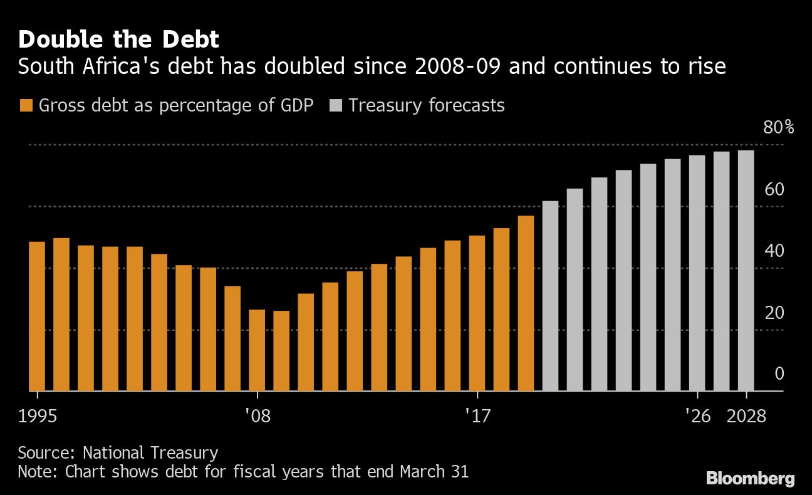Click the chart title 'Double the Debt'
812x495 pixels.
pos(118,40)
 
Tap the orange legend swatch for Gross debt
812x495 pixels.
pos(26,105)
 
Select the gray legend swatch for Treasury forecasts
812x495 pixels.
pos(335,105)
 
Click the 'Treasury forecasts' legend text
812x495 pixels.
pos(426,105)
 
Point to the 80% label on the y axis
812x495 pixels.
pos(778,128)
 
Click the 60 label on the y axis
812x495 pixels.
pos(774,189)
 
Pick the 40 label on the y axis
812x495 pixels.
pos(774,251)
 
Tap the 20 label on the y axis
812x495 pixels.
pos(774,312)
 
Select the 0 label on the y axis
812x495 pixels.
pos(779,373)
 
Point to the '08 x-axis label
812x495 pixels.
pos(258,416)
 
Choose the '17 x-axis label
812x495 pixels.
pos(477,416)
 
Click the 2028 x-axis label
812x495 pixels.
pos(746,416)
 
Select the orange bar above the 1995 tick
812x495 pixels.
pos(37,316)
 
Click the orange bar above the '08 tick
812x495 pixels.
pos(258,350)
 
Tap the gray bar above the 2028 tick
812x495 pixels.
pos(746,271)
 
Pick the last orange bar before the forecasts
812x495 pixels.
pos(526,303)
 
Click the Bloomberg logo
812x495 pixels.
pos(750,479)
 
